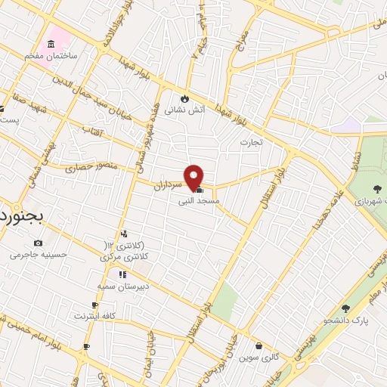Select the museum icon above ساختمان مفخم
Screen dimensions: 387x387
click(x=51, y=43)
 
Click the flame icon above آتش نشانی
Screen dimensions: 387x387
click(x=184, y=98)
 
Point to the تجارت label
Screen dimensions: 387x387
click(x=250, y=142)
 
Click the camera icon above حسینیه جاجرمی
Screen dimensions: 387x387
click(x=38, y=243)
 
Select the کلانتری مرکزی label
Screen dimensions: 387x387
click(x=124, y=257)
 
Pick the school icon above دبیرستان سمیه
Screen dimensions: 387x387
click(x=122, y=274)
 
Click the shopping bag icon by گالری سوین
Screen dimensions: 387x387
click(x=259, y=345)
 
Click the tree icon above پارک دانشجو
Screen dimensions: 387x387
click(x=345, y=308)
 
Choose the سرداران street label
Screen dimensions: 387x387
click(x=169, y=182)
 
